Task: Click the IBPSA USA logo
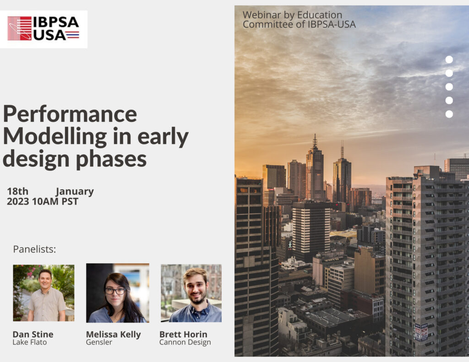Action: (44, 29)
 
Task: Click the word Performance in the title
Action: (70, 114)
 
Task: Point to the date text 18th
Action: (17, 191)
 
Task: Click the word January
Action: (75, 191)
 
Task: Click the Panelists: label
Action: (34, 249)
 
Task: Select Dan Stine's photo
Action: (44, 293)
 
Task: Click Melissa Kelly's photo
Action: (117, 293)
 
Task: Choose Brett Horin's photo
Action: (191, 293)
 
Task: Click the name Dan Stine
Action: (33, 334)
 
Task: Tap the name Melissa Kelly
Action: (114, 334)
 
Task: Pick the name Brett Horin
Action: (183, 334)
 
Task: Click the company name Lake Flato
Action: (29, 342)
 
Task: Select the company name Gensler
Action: (99, 342)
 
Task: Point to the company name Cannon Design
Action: (185, 342)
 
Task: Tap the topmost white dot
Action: (449, 59)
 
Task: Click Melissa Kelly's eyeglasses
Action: (115, 291)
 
